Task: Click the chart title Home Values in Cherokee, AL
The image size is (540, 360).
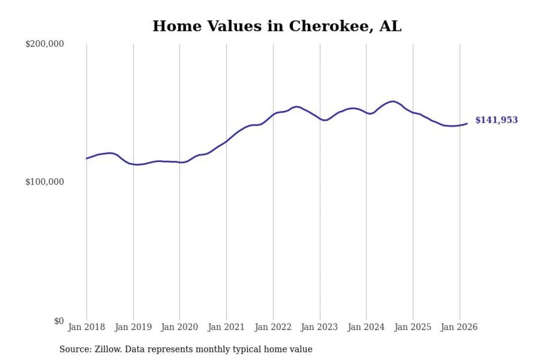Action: point(277,26)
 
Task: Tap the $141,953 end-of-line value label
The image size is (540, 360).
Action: point(496,120)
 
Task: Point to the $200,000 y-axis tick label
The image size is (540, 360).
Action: point(44,44)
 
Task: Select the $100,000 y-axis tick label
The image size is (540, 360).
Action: point(44,182)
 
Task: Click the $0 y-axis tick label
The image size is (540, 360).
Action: point(59,321)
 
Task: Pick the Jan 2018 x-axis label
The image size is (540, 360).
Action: point(86,328)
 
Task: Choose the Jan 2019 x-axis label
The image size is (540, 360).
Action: point(133,328)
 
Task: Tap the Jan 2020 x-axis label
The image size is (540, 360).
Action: point(180,328)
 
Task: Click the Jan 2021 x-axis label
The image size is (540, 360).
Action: point(227,328)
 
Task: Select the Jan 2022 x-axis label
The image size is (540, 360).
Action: point(273,328)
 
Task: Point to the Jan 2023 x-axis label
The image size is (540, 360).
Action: point(320,328)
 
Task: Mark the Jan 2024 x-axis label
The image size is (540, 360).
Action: point(366,328)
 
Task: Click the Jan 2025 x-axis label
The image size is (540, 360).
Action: point(413,328)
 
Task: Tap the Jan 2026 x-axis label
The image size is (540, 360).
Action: point(459,328)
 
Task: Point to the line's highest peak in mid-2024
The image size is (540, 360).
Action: point(393,101)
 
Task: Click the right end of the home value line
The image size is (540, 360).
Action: point(467,124)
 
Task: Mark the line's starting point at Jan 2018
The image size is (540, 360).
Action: point(86,159)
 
